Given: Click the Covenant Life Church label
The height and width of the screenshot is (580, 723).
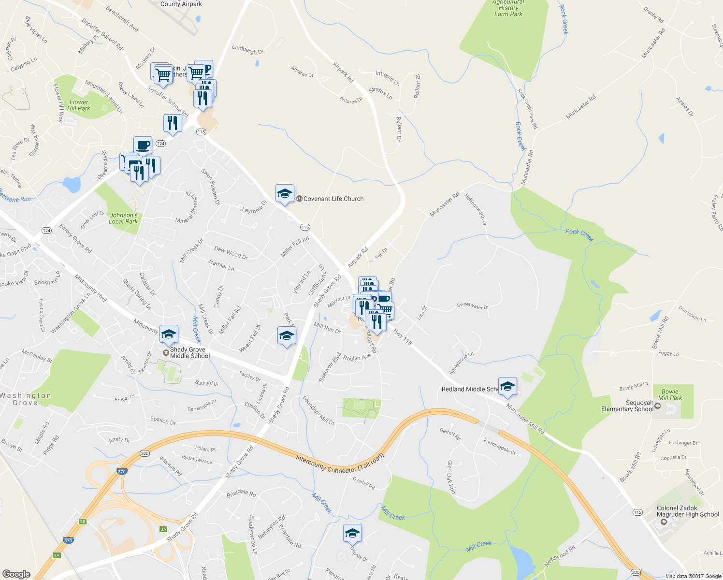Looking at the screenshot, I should coord(333,199).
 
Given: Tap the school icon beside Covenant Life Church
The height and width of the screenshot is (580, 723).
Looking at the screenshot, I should coord(285,194).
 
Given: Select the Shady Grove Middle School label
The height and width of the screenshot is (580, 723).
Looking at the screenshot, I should coord(190,353).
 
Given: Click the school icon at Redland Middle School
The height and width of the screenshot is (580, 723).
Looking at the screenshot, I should coord(507,386).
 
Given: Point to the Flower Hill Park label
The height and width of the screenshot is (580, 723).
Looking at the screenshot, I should coord(79,105).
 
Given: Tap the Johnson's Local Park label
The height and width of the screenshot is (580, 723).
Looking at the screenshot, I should coord(123,218).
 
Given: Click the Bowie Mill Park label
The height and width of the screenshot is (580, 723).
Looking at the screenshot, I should coord(670,395).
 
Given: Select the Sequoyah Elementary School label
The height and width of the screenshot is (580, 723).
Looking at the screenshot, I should coord(627,406).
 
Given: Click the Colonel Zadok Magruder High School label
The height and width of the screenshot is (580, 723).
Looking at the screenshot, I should coord(687,511).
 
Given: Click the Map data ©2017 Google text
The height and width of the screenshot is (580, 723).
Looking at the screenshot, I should coord(693,576).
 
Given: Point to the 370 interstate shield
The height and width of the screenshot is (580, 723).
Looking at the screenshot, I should coord(121,472).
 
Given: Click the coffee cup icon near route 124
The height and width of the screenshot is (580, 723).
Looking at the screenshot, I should coord(143,145).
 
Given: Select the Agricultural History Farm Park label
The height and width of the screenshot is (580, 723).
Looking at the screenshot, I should coord(508,8).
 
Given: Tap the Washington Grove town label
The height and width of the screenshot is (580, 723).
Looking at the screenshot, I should coord(25,399).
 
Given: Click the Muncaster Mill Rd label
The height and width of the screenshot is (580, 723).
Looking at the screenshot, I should coord(525,419).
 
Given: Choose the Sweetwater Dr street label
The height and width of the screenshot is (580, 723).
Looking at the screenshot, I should coord(473,306).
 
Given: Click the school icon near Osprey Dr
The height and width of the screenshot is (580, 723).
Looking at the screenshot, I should coord(352,533).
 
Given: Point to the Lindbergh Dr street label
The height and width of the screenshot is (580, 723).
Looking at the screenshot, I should coord(247,49).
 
